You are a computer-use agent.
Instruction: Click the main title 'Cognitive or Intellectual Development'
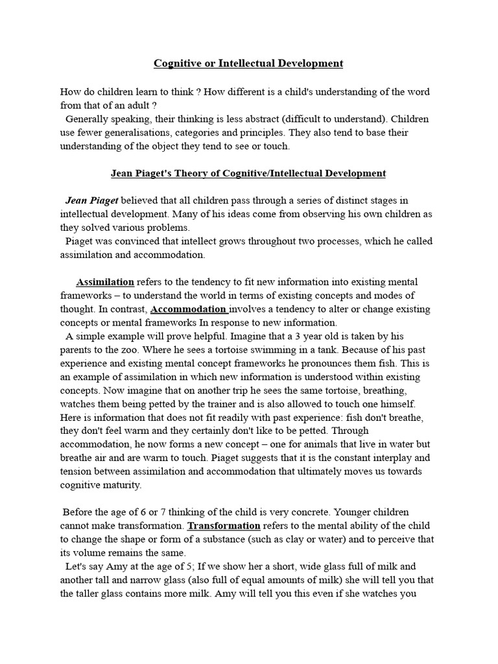(248, 64)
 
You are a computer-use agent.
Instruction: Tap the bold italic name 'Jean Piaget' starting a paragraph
(92, 200)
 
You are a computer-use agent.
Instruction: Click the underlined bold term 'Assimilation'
(105, 282)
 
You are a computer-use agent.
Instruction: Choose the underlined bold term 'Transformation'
(223, 526)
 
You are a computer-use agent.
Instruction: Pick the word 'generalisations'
(138, 133)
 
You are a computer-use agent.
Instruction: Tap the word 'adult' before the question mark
(138, 105)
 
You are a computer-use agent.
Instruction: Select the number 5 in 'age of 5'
(165, 567)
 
